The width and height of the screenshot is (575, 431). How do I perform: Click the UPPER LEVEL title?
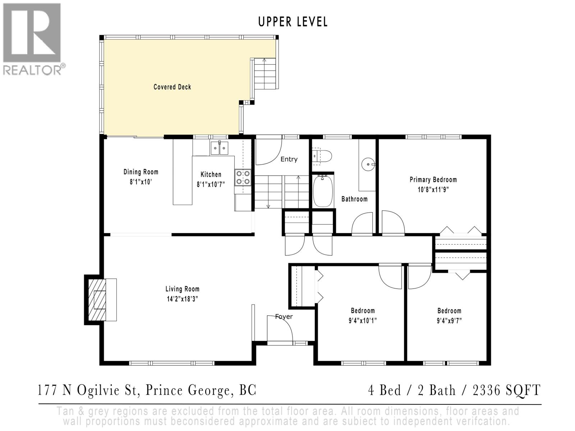[x=293, y=22]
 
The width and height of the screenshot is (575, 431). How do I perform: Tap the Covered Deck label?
[x=172, y=87]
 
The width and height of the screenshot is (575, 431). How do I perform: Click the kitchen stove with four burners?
[x=243, y=177]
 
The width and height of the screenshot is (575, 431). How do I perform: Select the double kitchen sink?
[x=219, y=148]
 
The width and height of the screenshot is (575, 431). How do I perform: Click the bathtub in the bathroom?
[x=323, y=191]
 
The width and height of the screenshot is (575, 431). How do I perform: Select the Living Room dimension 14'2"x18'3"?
[x=182, y=298]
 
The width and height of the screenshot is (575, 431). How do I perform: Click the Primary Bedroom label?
[x=433, y=180]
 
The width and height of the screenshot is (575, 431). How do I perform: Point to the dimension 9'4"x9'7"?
[x=449, y=320]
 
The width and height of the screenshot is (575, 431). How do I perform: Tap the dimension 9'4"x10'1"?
[x=363, y=320]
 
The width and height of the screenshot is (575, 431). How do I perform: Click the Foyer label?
[x=284, y=316]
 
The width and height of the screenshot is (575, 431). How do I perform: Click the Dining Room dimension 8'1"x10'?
[x=141, y=182]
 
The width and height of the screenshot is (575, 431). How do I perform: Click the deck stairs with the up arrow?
[x=265, y=74]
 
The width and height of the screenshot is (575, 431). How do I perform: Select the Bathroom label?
[x=354, y=199]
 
